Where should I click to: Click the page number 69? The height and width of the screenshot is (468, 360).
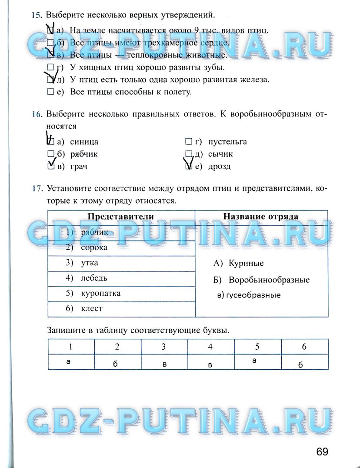click(322, 451)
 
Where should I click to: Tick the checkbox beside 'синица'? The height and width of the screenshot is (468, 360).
click(50, 142)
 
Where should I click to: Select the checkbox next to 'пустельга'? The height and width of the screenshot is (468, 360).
click(188, 142)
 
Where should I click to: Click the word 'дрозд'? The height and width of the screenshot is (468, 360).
click(219, 167)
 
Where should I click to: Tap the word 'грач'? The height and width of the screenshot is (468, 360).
click(79, 167)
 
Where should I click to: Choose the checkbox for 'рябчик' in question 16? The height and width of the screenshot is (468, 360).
click(50, 154)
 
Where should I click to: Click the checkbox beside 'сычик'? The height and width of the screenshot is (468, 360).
click(188, 154)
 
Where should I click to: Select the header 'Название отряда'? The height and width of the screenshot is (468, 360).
click(261, 217)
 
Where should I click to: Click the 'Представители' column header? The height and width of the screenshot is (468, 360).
click(121, 217)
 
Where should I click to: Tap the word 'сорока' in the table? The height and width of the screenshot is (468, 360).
click(94, 247)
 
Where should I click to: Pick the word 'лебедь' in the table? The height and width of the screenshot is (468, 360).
click(94, 278)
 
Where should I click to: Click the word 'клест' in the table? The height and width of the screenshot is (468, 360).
click(92, 308)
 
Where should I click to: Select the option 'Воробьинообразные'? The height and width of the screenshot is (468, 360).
click(269, 280)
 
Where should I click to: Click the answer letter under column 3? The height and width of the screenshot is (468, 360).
click(164, 364)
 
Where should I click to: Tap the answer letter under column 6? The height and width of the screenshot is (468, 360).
click(300, 365)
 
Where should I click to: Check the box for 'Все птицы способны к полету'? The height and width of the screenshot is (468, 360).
click(50, 92)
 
